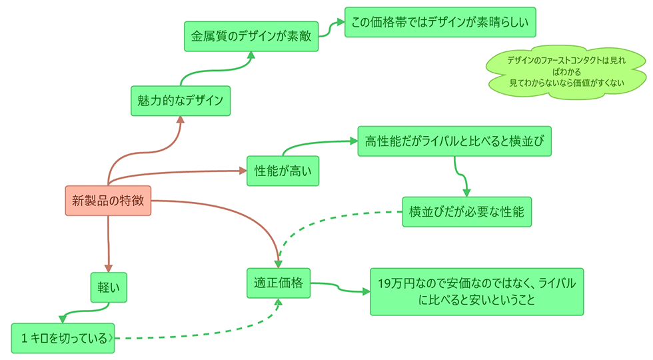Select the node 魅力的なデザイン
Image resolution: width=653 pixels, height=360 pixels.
click(180, 101)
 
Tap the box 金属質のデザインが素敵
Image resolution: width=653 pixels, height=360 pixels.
click(251, 37)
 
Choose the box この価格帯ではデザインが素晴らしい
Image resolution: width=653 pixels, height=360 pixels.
click(440, 23)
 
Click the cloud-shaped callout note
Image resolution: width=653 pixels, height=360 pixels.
click(566, 72)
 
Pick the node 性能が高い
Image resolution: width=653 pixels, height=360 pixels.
click(283, 171)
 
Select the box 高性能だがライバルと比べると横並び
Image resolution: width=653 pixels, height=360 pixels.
click(454, 141)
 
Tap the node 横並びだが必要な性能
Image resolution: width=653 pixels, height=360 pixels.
click(466, 212)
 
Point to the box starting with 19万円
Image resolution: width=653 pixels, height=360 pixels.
click(476, 291)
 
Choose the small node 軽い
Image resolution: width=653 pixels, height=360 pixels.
click(109, 287)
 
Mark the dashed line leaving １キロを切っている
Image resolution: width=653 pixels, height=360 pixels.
click(193, 337)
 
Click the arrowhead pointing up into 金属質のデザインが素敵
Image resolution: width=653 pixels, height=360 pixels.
click(251, 56)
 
